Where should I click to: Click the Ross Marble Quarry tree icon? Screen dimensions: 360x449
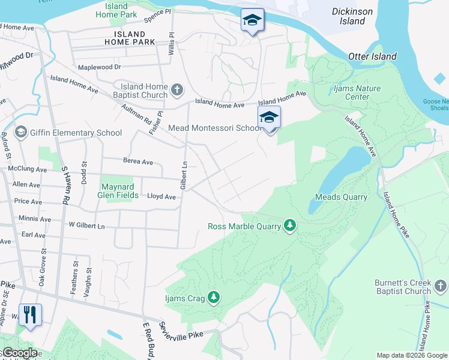[291, 226]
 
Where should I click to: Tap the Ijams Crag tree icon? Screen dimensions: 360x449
[214, 297]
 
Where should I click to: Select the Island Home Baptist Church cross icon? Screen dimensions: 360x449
[176, 91]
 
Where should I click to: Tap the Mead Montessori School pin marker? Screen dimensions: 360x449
[270, 118]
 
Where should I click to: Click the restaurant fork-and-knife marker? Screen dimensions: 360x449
[31, 314]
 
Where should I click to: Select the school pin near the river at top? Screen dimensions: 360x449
[252, 20]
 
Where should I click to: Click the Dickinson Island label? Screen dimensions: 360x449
[352, 16]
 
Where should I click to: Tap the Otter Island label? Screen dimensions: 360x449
[372, 56]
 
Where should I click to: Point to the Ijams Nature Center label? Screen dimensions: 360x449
[357, 92]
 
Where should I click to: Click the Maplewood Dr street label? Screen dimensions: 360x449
[99, 67]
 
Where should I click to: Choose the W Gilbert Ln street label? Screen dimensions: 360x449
[87, 226]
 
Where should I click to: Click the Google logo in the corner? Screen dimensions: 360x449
[19, 353]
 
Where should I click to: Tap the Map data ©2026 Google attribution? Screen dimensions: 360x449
[411, 355]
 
